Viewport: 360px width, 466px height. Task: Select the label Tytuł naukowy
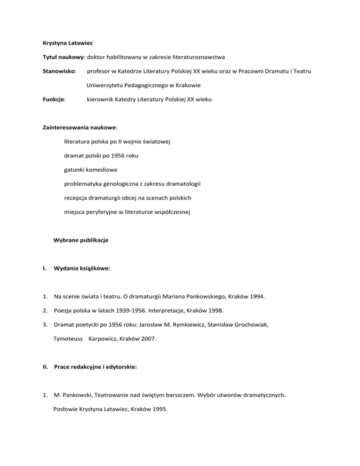coord(60,58)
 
